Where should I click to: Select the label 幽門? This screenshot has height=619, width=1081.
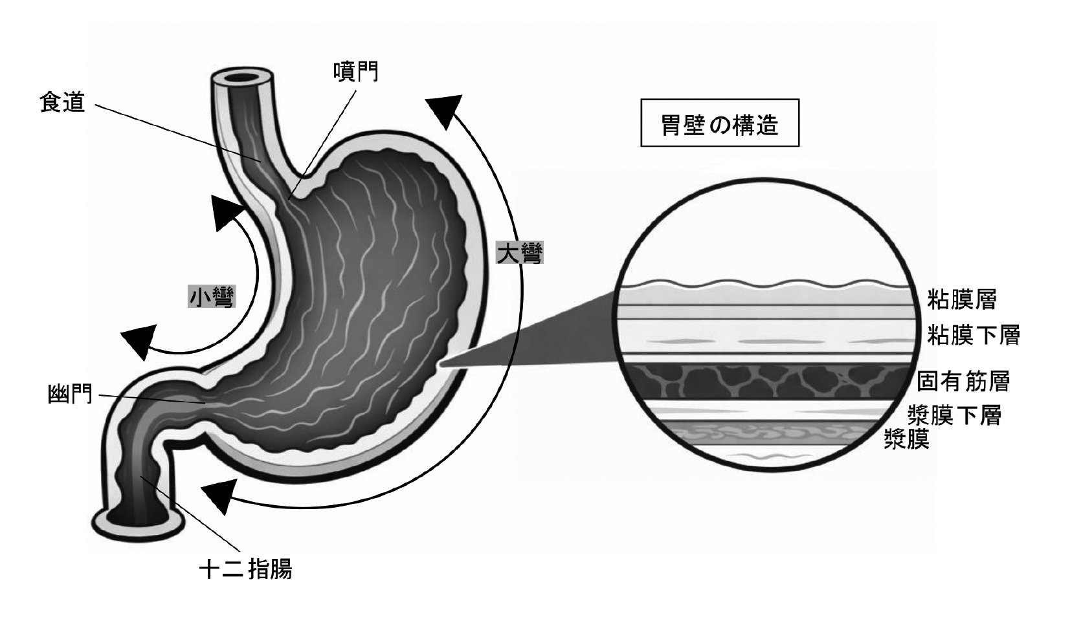[x=70, y=394]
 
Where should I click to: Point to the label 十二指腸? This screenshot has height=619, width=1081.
[x=245, y=569]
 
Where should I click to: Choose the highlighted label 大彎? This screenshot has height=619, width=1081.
[x=520, y=252]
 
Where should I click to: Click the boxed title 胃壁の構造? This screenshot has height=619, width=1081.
[x=719, y=125]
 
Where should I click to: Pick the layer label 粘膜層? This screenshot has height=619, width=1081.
[x=961, y=299]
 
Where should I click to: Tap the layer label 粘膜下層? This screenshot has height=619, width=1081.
[x=974, y=335]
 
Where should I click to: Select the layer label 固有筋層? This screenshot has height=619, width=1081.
[x=963, y=381]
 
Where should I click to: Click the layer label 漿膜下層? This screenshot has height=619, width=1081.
[x=955, y=415]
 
